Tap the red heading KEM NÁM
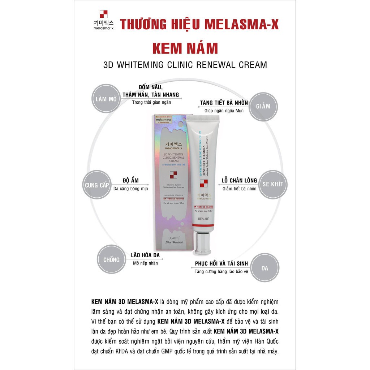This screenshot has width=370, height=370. pos(185,48)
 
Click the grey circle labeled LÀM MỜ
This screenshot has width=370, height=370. pos(106,99)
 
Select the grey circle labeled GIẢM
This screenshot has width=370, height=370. pos(263,107)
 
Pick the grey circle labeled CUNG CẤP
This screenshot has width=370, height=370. pos(96,185)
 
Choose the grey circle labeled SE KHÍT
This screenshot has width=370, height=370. pos(273,184)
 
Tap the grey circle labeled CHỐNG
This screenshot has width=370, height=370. pos(111,259)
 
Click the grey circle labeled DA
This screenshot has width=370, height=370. pos(265,268)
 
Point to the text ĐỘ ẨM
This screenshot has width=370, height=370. pos(131,180)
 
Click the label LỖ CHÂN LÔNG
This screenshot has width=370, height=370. pos(239,180)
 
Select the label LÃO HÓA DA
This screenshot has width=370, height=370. pos(143,255)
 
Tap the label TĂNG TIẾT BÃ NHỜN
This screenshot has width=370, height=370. pos(224,103)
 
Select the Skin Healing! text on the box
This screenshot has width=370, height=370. pos(173,243)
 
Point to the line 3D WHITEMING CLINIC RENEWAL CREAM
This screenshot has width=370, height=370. pos(185,65)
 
